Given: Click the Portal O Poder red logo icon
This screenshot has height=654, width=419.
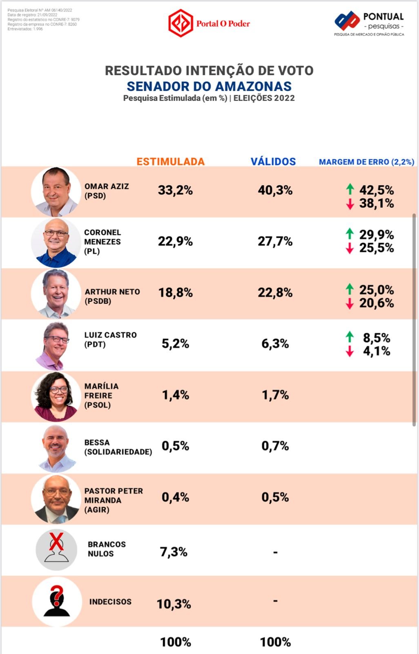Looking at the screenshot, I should (181, 23).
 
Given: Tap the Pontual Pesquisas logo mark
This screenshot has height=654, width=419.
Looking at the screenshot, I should (347, 20).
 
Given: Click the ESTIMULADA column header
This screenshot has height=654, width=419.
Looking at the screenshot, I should (170, 161).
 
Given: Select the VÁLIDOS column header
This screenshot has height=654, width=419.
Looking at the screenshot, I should (273, 161).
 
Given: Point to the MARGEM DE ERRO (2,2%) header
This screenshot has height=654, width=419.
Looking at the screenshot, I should (366, 162).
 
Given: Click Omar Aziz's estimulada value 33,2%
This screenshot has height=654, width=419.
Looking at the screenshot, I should (175, 190).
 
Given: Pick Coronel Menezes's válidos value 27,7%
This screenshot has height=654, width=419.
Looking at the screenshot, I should (275, 241).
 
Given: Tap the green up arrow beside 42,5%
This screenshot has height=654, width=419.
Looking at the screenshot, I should (350, 189).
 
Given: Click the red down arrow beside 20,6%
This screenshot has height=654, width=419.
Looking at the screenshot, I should (350, 303).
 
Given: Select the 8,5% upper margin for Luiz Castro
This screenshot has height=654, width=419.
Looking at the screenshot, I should (376, 338).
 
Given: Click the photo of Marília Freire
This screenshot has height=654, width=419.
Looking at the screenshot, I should (56, 396).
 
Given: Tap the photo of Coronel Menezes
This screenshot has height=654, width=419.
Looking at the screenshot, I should (56, 242).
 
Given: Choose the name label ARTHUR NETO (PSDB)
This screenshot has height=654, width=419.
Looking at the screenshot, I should (112, 296).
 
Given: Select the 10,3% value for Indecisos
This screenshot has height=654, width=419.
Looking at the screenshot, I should (174, 604).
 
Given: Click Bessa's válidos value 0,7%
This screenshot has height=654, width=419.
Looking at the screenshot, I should (275, 446).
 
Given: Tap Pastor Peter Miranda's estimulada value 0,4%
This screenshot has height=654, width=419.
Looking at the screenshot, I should (175, 497).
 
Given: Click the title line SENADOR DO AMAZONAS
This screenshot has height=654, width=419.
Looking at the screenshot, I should (209, 86).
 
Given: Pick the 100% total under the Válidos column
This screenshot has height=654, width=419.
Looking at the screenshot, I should (275, 642).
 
